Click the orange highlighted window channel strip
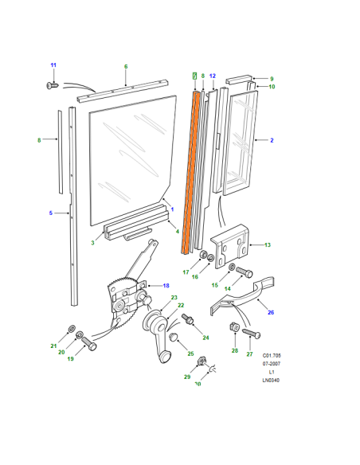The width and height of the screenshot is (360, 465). pyautogui.click(x=190, y=172)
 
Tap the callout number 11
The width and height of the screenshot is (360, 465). pyautogui.click(x=53, y=65)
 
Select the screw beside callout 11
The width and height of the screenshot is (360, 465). pyautogui.click(x=53, y=86)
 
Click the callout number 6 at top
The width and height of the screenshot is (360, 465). pyautogui.click(x=126, y=66)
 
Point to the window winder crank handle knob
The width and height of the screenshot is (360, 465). pyautogui.click(x=165, y=357)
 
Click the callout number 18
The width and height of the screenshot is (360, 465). pyautogui.click(x=166, y=286)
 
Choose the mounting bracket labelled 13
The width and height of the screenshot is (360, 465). pyautogui.click(x=230, y=246)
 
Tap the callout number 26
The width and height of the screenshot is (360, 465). pyautogui.click(x=271, y=312)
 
